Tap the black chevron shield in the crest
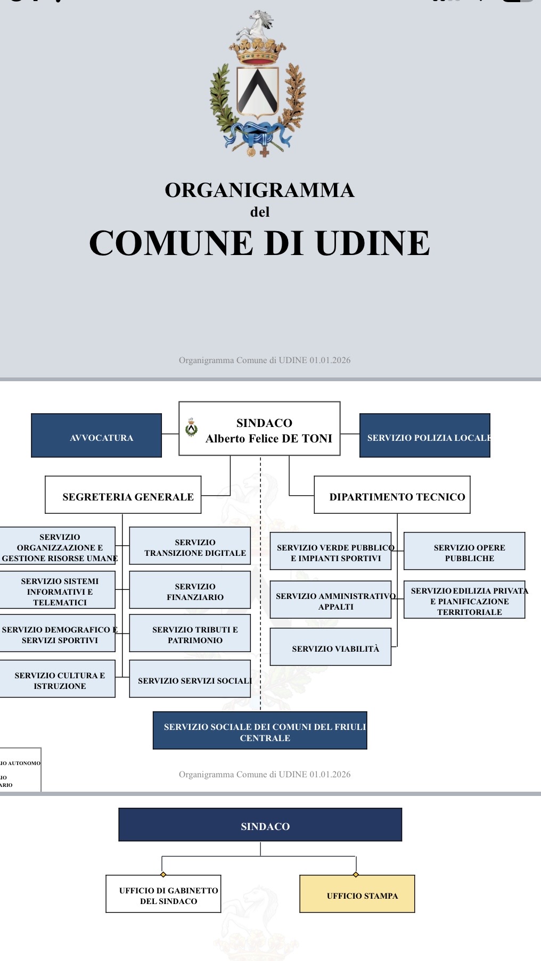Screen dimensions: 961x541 tap(258, 91)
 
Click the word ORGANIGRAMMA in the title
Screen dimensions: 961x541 tap(259, 190)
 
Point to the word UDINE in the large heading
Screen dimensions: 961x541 tap(372, 243)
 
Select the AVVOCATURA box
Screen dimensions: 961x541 tap(96, 436)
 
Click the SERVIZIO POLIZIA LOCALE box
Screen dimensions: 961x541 tap(424, 436)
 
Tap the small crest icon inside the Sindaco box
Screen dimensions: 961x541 tap(191, 428)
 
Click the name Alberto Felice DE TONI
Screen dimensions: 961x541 tap(269, 439)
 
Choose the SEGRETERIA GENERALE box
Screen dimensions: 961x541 tap(123, 495)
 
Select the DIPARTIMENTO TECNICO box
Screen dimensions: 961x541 tap(392, 495)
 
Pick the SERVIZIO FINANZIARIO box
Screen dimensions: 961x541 tap(190, 590)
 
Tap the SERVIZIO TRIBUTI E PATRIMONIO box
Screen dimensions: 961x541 tap(190, 634)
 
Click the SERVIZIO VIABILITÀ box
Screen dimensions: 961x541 tap(331, 647)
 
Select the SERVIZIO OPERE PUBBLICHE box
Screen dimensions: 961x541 tap(464, 551)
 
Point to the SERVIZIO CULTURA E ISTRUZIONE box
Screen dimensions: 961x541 tap(58, 679)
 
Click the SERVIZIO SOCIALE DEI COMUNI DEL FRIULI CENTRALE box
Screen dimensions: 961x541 tap(260, 730)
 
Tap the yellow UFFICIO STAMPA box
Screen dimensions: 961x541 tap(357, 894)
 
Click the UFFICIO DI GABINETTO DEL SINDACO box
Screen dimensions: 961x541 tap(163, 894)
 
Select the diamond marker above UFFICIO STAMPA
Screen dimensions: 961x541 tap(356, 874)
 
